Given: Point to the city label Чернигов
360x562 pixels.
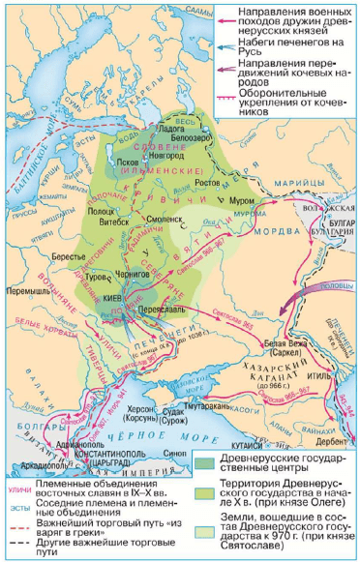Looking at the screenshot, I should click(143, 275).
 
